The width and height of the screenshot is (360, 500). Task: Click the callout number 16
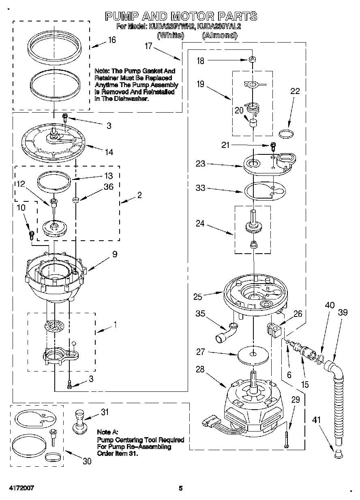[x=112, y=40]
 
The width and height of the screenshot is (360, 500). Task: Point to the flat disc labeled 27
[x=253, y=354]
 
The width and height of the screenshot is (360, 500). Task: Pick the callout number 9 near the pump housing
[x=115, y=254]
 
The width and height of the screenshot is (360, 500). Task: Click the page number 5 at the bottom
[x=181, y=488]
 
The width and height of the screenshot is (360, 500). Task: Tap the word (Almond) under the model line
[x=219, y=35]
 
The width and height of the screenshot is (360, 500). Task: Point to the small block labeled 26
[x=274, y=329]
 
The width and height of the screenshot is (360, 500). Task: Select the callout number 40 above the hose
[x=330, y=305]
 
